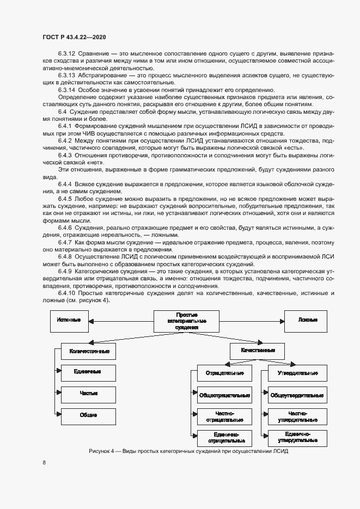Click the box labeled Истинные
point(69,319)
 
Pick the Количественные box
point(89,352)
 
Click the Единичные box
point(89,372)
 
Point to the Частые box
point(89,394)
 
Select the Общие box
point(89,415)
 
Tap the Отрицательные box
point(224,373)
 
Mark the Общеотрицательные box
point(224,395)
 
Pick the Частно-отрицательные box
point(224,416)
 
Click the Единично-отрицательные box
point(224,437)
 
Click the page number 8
point(44,463)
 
